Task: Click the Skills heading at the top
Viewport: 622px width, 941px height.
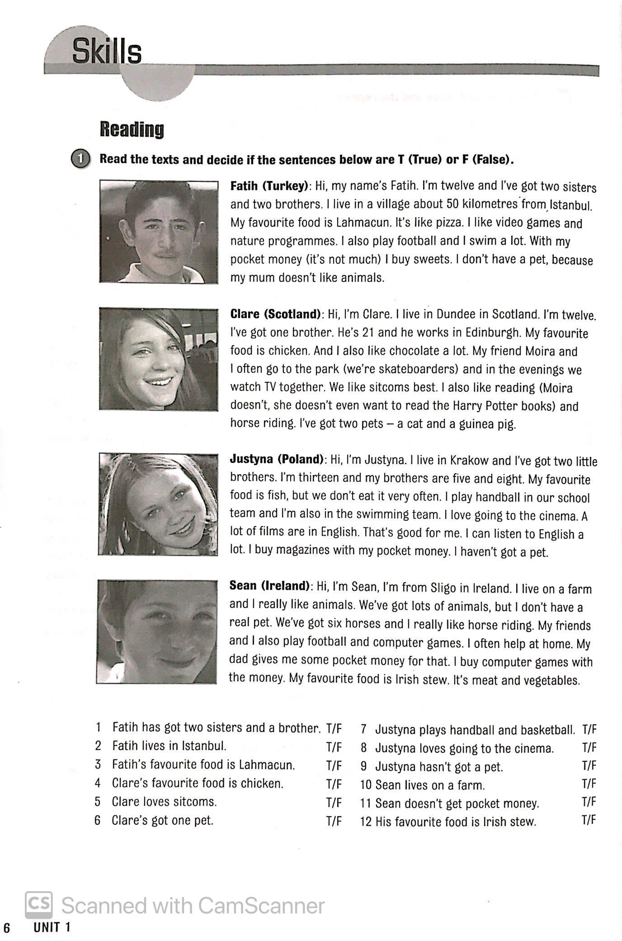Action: point(107,52)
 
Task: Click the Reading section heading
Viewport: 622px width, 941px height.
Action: point(132,129)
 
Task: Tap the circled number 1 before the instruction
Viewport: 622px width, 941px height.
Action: point(80,159)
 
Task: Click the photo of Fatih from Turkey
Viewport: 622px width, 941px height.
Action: point(159,232)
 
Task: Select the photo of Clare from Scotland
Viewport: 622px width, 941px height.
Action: point(159,359)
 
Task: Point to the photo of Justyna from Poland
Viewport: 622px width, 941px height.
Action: point(158,504)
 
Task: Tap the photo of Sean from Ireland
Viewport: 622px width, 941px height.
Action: point(156,632)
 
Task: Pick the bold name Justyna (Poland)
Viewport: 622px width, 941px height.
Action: point(278,459)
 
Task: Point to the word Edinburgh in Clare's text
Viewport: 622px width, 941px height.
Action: point(481,333)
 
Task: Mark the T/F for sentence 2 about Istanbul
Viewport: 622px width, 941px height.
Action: point(334,747)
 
